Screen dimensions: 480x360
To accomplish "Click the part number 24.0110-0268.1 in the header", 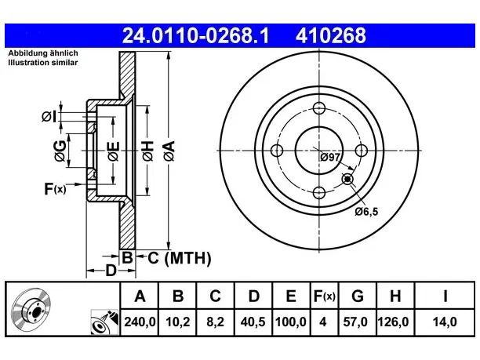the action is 195,35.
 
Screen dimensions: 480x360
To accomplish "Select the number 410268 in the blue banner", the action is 331,35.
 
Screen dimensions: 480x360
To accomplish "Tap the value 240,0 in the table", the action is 140,322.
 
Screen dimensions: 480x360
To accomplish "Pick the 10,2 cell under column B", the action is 178,322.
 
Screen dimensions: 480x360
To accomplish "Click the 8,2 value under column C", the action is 216,322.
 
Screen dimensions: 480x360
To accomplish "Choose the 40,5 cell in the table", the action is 253,322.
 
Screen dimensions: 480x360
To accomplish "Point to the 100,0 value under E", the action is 291,322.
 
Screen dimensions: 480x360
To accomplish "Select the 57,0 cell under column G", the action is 355,322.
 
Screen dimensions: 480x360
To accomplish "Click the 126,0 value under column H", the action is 394,322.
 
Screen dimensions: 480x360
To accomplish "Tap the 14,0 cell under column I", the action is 445,322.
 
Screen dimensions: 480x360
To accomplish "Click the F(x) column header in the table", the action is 325,296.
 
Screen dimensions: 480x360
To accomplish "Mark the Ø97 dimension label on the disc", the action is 330,158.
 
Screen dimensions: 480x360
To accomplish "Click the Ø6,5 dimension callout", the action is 366,212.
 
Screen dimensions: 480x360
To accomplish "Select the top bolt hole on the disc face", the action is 319,108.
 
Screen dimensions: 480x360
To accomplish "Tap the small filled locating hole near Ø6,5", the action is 347,179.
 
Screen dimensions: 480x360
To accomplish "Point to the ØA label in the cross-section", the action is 169,151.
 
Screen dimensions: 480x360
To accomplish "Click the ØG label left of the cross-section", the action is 60,151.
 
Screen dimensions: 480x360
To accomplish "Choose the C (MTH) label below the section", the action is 180,258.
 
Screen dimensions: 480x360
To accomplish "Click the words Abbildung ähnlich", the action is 43,53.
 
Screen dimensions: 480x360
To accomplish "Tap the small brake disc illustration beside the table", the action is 31,309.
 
